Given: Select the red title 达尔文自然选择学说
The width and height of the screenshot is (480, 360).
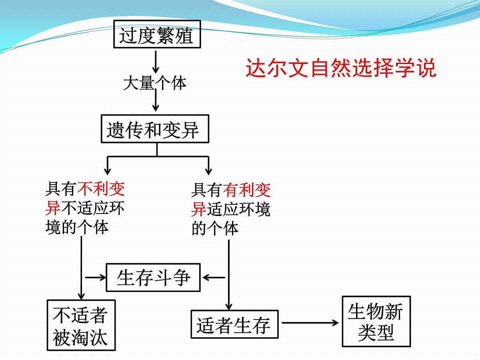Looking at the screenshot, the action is tap(341, 68).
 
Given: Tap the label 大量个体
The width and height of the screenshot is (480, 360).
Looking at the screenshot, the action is tap(155, 83).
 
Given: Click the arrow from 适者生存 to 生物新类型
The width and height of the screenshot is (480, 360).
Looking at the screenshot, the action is tap(310, 323).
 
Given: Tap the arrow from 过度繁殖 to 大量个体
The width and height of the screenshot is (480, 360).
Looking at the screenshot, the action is tap(156, 62).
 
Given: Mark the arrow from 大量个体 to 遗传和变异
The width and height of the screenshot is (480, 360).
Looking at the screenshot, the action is tap(156, 100).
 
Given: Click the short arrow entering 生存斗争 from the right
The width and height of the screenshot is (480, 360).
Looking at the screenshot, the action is tap(214, 277).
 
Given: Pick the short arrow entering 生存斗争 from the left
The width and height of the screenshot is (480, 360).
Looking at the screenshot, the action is tap(96, 277).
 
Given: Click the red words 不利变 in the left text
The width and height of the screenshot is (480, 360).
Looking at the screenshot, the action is tap(101, 189).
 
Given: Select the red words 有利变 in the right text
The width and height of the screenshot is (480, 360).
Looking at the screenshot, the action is tap(247, 190).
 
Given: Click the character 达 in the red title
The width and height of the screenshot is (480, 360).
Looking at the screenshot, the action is tap(256, 68).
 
